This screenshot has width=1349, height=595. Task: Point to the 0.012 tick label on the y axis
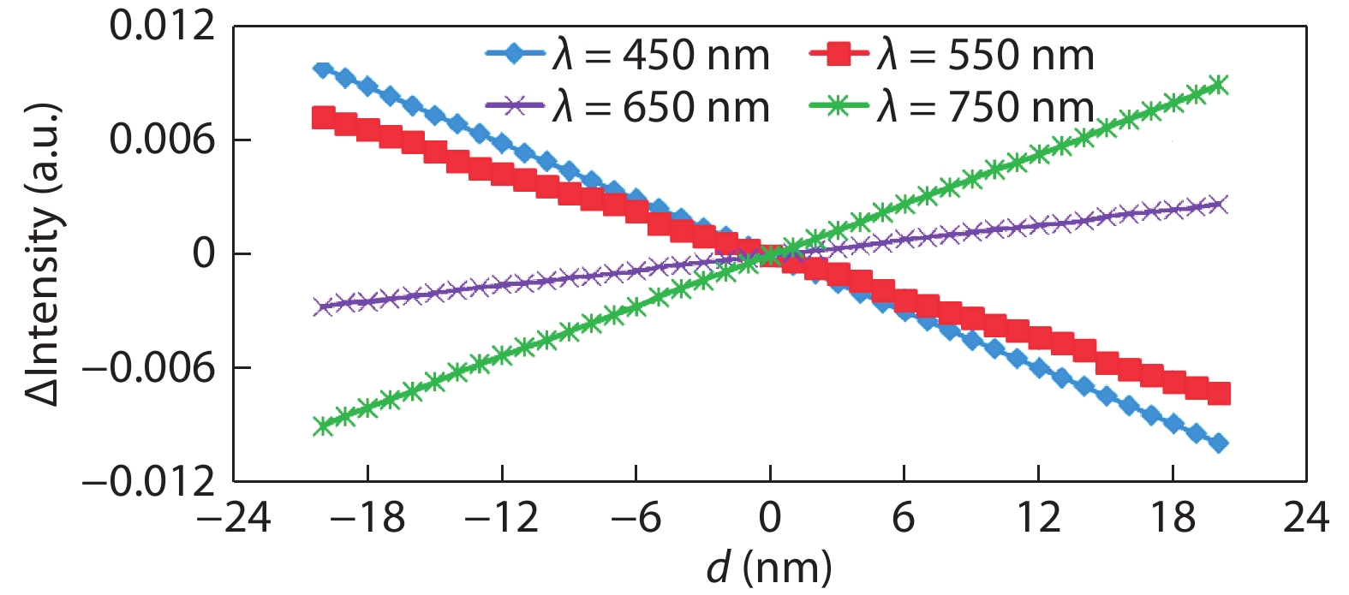tap(162, 27)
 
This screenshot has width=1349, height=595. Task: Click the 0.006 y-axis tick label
tap(162, 140)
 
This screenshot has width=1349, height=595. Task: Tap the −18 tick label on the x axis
tap(367, 518)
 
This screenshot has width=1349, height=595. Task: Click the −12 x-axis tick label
tap(501, 518)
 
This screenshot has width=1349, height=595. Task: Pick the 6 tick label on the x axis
tap(904, 518)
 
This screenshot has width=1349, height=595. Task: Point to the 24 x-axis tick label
tap(1305, 518)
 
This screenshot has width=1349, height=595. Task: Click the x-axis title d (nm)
tap(769, 567)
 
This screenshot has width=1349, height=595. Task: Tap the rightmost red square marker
tap(1218, 394)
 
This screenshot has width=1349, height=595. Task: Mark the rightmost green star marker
tap(1218, 85)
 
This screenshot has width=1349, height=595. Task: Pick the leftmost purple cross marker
tap(323, 306)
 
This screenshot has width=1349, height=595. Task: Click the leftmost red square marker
tap(323, 117)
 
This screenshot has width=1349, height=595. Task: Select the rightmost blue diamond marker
tap(1218, 443)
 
